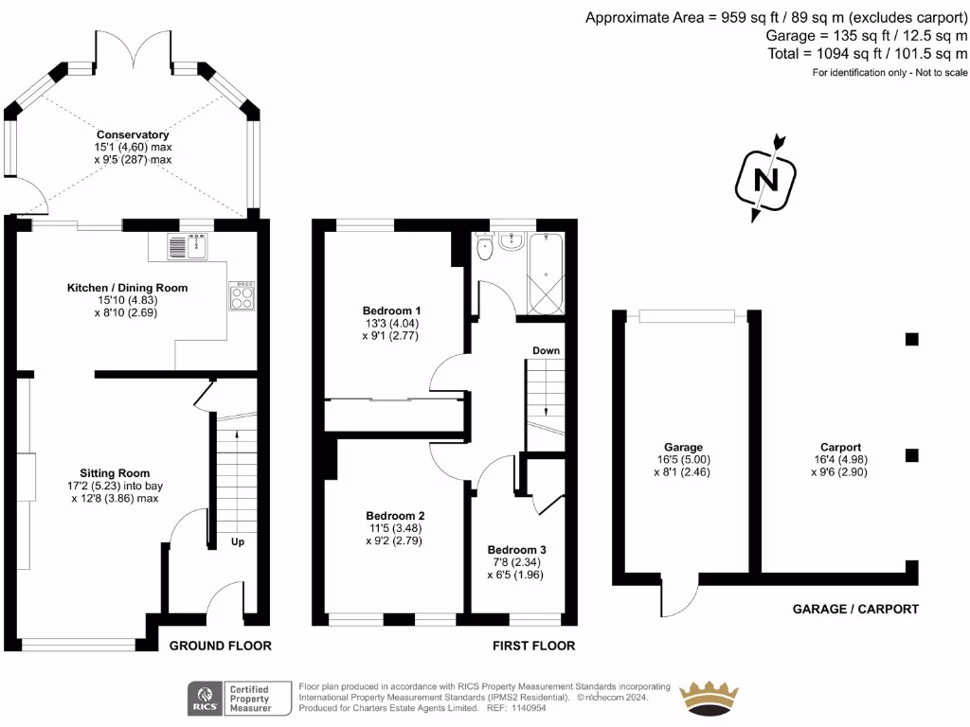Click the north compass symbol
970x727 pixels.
tap(764, 179)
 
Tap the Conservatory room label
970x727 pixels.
tap(138, 134)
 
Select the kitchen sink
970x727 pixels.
tap(187, 247)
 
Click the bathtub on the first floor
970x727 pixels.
tap(548, 274)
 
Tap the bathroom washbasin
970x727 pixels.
tap(513, 240)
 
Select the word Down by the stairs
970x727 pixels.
tap(546, 350)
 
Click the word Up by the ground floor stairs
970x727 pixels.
tap(238, 543)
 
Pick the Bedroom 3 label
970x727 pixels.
tap(517, 550)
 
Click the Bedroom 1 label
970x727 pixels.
tap(391, 310)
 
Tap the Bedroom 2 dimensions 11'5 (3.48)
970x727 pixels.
tap(393, 528)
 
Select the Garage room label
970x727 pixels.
tap(683, 447)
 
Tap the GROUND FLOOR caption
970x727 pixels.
tap(220, 646)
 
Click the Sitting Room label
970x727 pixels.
tap(115, 473)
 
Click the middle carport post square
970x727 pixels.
tap(911, 455)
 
